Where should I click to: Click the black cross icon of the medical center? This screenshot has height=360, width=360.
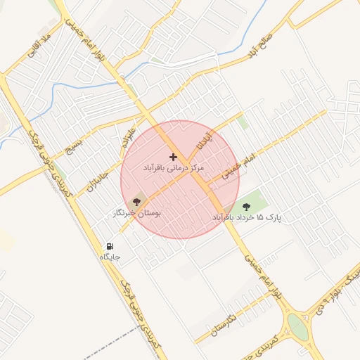click(173, 157)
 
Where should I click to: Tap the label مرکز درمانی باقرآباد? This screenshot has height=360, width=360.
click(173, 169)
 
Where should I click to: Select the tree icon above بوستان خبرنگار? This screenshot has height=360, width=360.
click(136, 202)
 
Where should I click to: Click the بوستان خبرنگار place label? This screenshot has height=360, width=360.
click(137, 212)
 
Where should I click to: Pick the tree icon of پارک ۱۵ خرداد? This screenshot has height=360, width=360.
click(246, 206)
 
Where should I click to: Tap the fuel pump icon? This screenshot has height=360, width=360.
click(110, 247)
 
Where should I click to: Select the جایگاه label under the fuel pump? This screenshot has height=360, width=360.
click(110, 257)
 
